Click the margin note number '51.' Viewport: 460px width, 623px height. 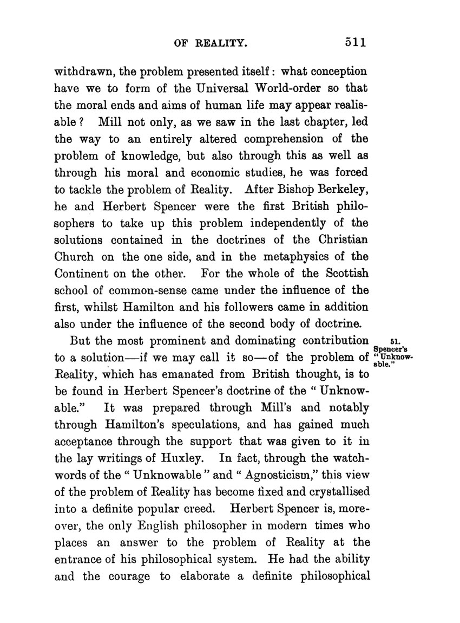(395, 341)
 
